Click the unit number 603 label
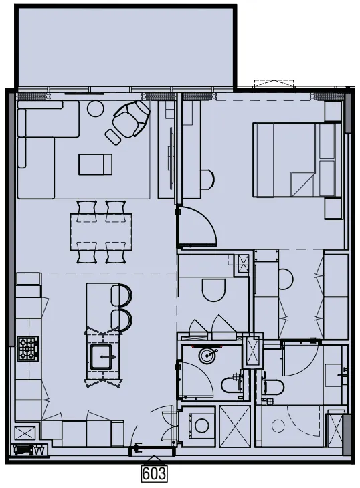pos(154,474)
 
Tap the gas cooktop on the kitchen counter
pos(27,348)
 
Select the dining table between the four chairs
pos(100,231)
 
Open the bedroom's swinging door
pos(197,227)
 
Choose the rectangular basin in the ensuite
pos(335,374)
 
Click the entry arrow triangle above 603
pos(155,459)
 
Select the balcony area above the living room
pos(124,47)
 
